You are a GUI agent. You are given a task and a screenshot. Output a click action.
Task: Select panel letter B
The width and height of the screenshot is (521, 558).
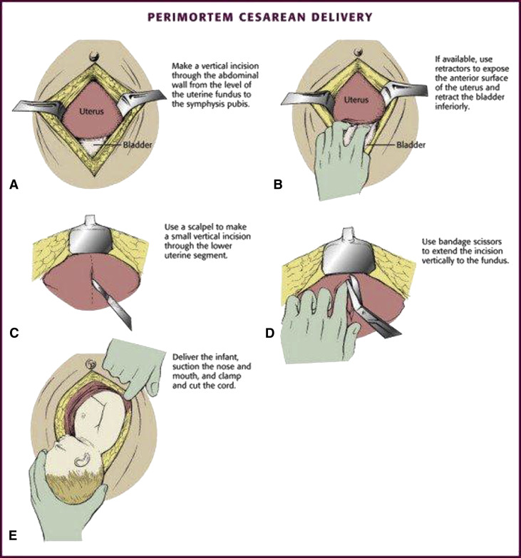point(278,185)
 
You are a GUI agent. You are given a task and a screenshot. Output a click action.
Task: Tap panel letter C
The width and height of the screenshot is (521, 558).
point(14,330)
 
